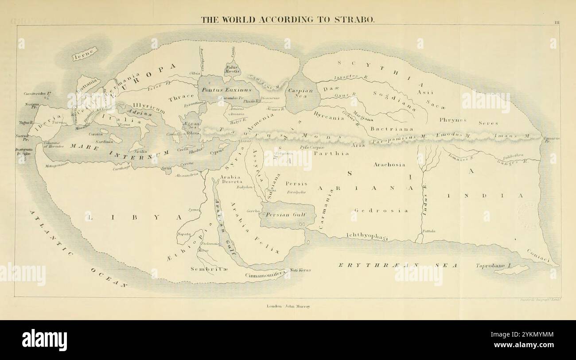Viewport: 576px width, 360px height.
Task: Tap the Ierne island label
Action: [x=84, y=54]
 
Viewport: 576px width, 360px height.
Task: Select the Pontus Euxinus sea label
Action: [x=224, y=89]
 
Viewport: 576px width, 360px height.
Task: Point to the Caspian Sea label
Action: [x=300, y=93]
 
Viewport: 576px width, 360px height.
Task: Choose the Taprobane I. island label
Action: [x=494, y=266]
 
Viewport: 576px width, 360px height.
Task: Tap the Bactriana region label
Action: [x=392, y=128]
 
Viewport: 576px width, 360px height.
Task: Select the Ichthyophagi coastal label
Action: [x=367, y=237]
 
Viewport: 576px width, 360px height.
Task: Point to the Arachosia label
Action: [x=389, y=164]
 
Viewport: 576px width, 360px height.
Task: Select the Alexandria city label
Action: [x=187, y=175]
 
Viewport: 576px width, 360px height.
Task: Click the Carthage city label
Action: [x=121, y=168]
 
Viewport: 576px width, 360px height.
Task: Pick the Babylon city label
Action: [x=244, y=187]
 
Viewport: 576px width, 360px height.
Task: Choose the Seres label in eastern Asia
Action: [x=488, y=123]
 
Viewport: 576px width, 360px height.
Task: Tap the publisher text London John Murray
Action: [x=288, y=306]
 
